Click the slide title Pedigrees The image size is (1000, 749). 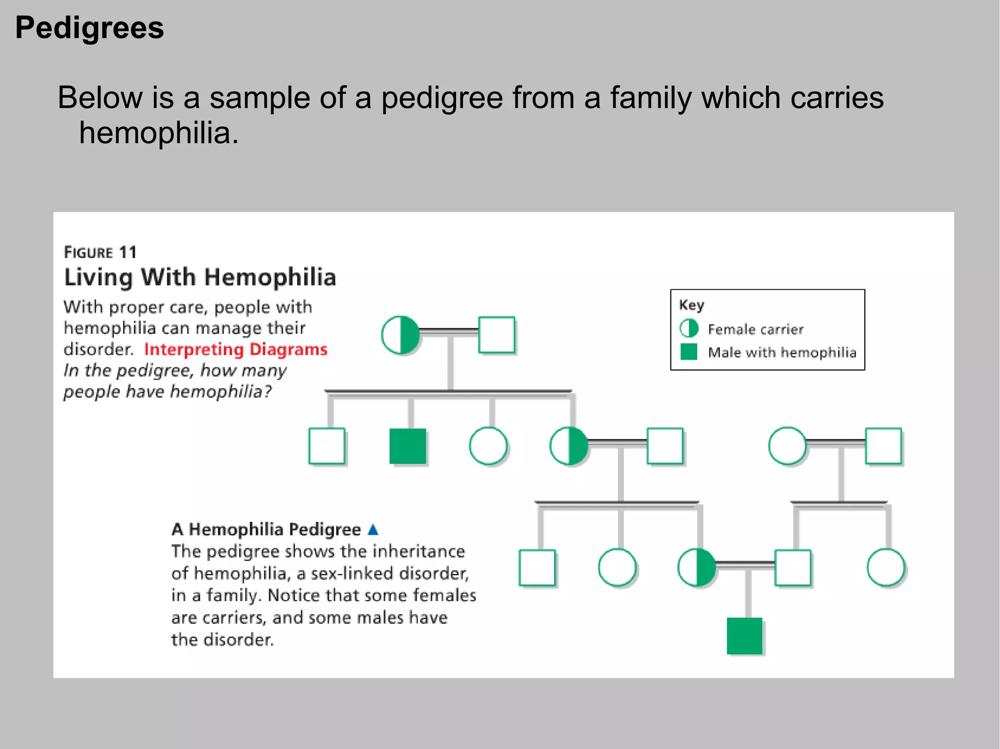(89, 28)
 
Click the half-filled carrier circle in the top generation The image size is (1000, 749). (400, 335)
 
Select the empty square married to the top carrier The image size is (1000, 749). (497, 335)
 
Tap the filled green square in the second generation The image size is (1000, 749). (408, 446)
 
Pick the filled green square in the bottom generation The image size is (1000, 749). (744, 636)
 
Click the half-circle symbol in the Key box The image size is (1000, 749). (689, 328)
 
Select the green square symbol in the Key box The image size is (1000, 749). (688, 351)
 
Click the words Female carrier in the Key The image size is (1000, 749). (755, 329)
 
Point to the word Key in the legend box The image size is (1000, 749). (691, 305)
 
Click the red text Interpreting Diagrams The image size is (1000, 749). (235, 349)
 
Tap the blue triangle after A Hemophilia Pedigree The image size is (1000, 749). (373, 529)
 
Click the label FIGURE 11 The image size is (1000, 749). (100, 252)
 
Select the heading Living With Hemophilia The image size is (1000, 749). (200, 277)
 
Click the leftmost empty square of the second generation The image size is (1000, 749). (327, 446)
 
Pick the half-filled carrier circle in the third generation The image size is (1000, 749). (697, 567)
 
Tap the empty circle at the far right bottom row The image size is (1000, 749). (886, 567)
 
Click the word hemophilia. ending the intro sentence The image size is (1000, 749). (159, 133)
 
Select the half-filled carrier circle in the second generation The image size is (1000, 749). (569, 446)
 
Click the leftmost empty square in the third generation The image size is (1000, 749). (537, 567)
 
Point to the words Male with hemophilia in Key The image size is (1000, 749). (782, 352)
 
